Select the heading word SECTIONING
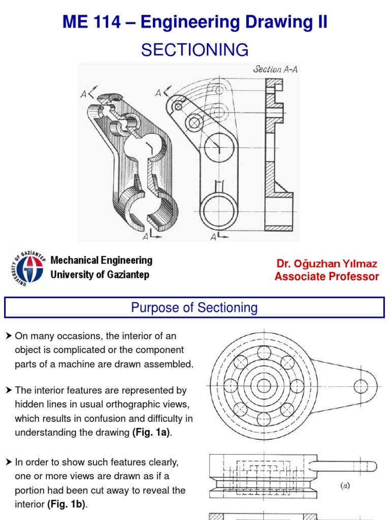click(194, 50)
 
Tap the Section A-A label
click(275, 70)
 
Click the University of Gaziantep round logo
click(27, 269)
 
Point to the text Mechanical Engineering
click(101, 261)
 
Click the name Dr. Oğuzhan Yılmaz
click(327, 264)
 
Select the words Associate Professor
click(327, 277)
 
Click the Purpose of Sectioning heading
click(194, 308)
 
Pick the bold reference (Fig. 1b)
click(70, 505)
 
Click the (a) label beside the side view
click(345, 485)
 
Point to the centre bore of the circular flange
click(264, 386)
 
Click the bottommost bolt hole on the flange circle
click(264, 419)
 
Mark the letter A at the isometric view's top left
click(83, 93)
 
